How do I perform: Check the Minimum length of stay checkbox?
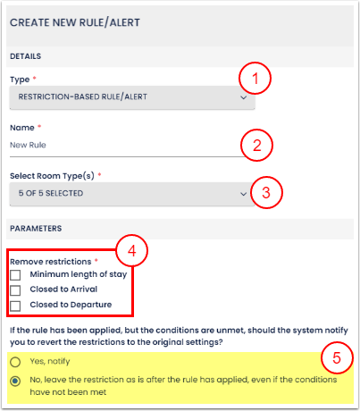pyautogui.click(x=15, y=275)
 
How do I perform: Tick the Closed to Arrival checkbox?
pyautogui.click(x=15, y=290)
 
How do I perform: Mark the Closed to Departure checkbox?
pyautogui.click(x=15, y=306)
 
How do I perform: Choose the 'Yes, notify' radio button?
pyautogui.click(x=15, y=362)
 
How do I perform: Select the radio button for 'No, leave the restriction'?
pyautogui.click(x=15, y=381)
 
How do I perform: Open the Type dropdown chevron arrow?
pyautogui.click(x=244, y=97)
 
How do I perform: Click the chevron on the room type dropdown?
pyautogui.click(x=244, y=194)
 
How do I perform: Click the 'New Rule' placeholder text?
pyautogui.click(x=28, y=145)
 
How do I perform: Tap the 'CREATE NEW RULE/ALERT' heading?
pyautogui.click(x=75, y=22)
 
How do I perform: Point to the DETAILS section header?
pyautogui.click(x=26, y=56)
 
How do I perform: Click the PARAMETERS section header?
pyautogui.click(x=36, y=229)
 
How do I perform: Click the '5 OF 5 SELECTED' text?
pyautogui.click(x=51, y=193)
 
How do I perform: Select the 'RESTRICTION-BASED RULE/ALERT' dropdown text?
pyautogui.click(x=83, y=96)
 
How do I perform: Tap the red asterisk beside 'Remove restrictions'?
pyautogui.click(x=96, y=261)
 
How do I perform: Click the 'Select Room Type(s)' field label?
pyautogui.click(x=52, y=176)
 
